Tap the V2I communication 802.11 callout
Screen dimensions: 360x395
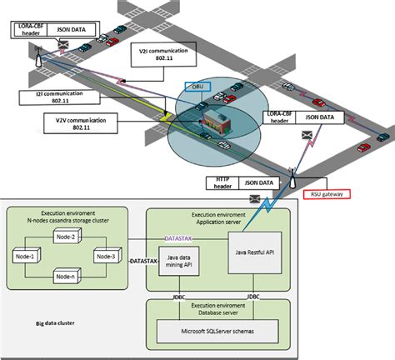coord(165,55)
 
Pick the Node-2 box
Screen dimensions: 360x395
coord(67,237)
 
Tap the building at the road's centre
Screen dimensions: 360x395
coord(214,122)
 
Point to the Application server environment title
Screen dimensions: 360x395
coord(218,218)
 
